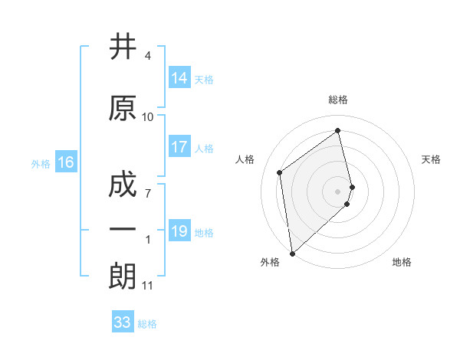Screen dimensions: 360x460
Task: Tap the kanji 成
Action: click(123, 186)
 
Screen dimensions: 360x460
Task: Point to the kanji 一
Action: click(123, 230)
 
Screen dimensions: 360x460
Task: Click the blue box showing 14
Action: click(179, 78)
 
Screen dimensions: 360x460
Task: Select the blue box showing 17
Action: click(179, 148)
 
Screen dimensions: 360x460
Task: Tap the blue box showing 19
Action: click(179, 231)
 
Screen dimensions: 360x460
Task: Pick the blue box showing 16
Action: click(66, 162)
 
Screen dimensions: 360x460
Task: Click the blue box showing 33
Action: click(123, 322)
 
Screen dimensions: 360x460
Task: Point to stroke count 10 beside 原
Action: click(148, 117)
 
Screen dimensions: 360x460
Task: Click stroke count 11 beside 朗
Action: click(148, 286)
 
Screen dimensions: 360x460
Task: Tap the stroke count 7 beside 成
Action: click(148, 193)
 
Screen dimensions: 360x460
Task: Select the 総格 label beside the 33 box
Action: click(147, 324)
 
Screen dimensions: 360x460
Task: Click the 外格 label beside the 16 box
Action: click(41, 164)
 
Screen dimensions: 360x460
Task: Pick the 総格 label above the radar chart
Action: click(338, 100)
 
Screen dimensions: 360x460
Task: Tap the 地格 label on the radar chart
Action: click(402, 262)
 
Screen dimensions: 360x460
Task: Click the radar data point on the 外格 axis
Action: click(292, 253)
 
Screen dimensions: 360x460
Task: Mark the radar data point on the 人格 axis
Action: click(280, 172)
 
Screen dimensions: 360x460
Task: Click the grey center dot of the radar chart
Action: click(338, 191)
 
